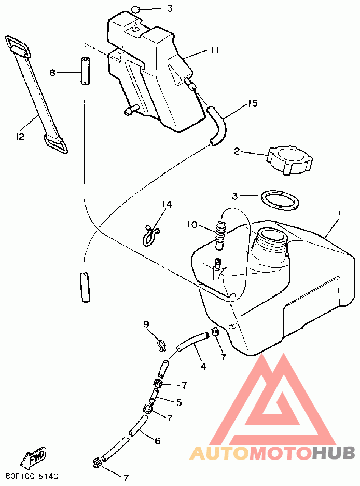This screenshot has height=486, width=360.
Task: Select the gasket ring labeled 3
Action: pyautogui.click(x=280, y=200)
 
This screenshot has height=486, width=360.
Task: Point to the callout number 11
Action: pyautogui.click(x=215, y=50)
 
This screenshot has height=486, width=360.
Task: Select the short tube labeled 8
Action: pyautogui.click(x=85, y=71)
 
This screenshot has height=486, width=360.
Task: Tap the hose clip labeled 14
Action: pyautogui.click(x=151, y=233)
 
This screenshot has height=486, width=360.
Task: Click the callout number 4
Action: pyautogui.click(x=203, y=366)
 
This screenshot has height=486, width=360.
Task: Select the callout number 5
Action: pyautogui.click(x=178, y=402)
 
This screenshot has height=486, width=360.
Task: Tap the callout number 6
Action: pyautogui.click(x=157, y=441)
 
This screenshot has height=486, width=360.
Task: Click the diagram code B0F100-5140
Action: pyautogui.click(x=32, y=476)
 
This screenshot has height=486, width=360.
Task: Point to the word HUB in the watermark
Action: pyautogui.click(x=334, y=452)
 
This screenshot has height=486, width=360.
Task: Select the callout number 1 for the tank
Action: pyautogui.click(x=338, y=213)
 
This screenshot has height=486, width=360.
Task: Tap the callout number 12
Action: pyautogui.click(x=20, y=137)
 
